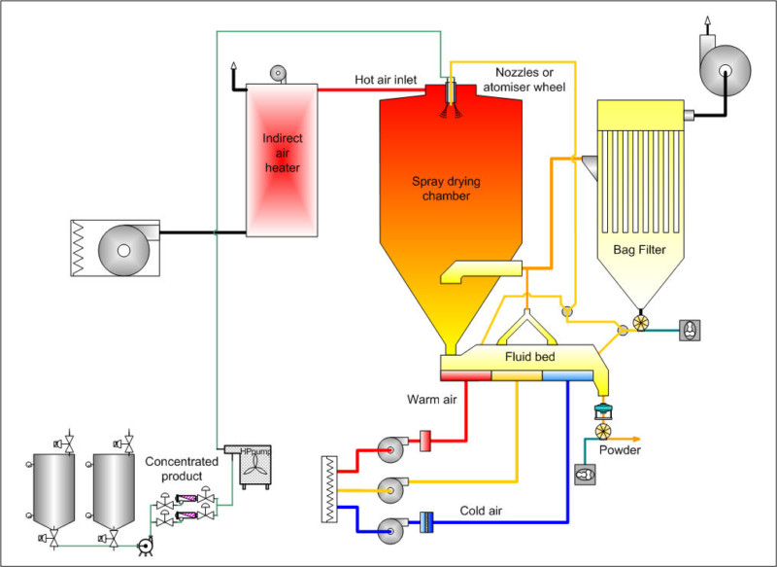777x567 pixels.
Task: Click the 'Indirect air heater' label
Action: coord(282,153)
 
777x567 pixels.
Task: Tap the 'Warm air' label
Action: coord(430,397)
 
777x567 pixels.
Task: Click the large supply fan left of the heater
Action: coord(123,248)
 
